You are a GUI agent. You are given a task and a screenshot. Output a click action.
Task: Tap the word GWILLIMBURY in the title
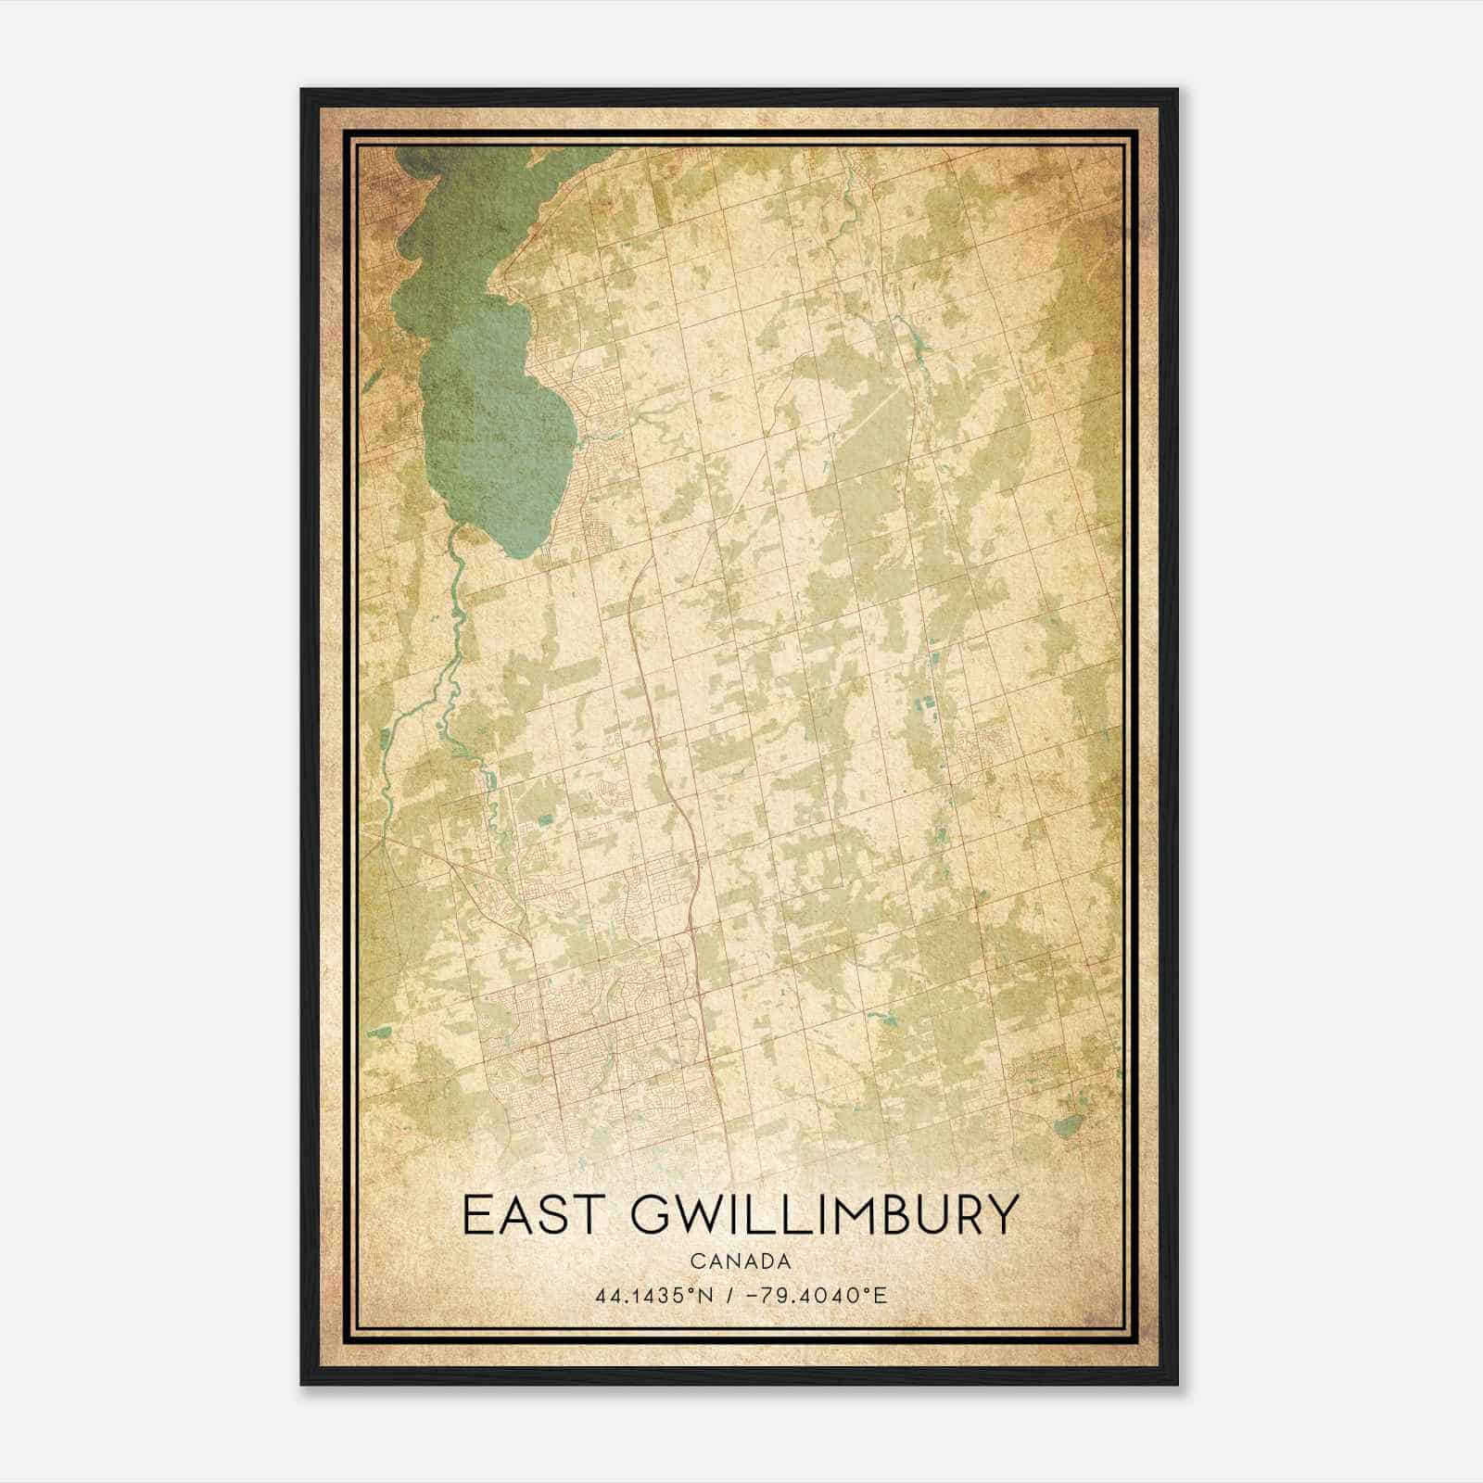pos(824,1215)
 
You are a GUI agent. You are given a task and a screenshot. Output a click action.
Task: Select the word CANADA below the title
pos(741,1261)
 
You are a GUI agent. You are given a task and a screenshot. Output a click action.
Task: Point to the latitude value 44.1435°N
pos(654,1295)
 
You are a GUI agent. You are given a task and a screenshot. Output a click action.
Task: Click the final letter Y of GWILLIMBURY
pos(1001,1215)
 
